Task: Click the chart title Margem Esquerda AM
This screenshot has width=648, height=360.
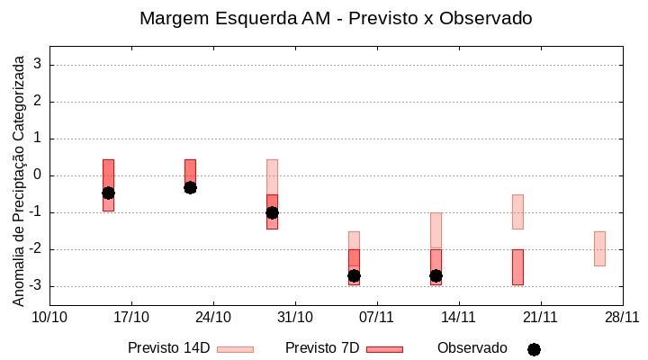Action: point(336,18)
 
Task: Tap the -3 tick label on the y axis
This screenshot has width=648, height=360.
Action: point(36,286)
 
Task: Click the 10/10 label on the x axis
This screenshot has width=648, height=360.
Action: point(49,317)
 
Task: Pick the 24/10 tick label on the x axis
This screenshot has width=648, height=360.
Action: point(213,317)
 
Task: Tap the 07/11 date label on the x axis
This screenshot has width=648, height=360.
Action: point(377,317)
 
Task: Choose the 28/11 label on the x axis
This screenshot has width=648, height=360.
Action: point(622,317)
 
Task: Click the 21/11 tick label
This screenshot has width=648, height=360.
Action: point(540,317)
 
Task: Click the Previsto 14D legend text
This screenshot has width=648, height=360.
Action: point(169,348)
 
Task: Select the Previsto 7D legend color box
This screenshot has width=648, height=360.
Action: point(384,349)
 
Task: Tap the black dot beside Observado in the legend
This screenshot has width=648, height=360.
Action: point(534,349)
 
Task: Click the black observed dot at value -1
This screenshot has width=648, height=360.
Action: point(273,212)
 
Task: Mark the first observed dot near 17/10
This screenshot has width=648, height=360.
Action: point(108,193)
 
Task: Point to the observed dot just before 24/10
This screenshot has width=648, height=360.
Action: point(190,187)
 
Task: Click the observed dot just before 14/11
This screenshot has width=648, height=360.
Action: point(436,275)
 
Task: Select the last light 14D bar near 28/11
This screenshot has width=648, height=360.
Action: point(599,248)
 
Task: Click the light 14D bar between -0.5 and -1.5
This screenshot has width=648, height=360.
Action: point(517,211)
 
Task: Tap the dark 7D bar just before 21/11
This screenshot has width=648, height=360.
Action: point(517,267)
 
